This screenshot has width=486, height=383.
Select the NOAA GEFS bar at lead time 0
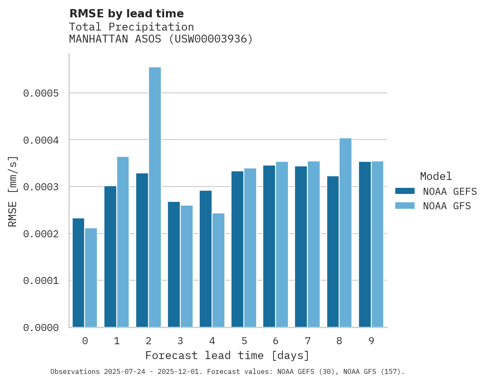[x=78, y=272]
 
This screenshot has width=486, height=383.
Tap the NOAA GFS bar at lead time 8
[x=345, y=233]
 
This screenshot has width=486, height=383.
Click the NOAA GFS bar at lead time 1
[x=123, y=242]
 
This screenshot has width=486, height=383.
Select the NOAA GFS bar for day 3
[x=186, y=266]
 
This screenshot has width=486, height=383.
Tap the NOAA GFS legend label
[x=447, y=206]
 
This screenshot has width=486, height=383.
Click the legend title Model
[x=436, y=177]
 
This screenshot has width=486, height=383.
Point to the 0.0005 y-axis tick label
[x=41, y=93]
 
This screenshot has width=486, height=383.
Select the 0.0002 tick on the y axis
[x=41, y=234]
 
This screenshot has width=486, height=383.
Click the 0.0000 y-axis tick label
[x=41, y=328]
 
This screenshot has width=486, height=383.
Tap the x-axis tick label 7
[x=307, y=341]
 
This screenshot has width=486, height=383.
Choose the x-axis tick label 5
[x=244, y=341]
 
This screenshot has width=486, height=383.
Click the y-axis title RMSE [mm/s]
[x=13, y=191]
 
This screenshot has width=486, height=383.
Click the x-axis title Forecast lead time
[x=227, y=356]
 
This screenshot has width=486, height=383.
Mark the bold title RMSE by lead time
[x=126, y=14]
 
